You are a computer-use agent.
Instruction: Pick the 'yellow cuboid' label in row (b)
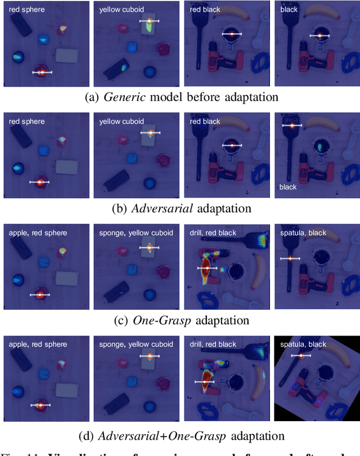pos(121,121)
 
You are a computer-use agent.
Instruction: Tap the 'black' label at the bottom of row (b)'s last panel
pos(287,186)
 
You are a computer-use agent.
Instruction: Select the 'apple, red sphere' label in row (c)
pos(38,233)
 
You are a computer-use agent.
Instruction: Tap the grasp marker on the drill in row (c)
pos(206,269)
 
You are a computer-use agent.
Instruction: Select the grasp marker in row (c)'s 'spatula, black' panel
pos(290,258)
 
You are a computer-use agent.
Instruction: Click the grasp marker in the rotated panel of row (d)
pos(301,355)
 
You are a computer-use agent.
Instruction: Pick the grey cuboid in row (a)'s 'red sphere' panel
pos(67,55)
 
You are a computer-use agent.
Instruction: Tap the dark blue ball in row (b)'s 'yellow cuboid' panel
pos(149,183)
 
